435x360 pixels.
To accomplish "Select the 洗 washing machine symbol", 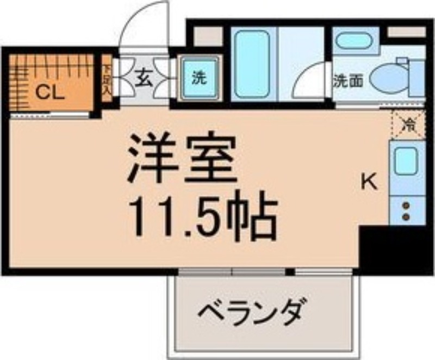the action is [200, 78].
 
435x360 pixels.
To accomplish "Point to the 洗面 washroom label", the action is [349, 81].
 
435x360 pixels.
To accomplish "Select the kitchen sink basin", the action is [406, 160].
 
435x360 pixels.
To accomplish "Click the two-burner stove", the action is [406, 211].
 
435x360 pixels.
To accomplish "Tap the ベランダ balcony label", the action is [249, 312].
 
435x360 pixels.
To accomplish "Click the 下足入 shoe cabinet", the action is [107, 79].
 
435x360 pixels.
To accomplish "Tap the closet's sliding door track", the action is [51, 115].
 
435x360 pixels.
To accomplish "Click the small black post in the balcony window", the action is [290, 272].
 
